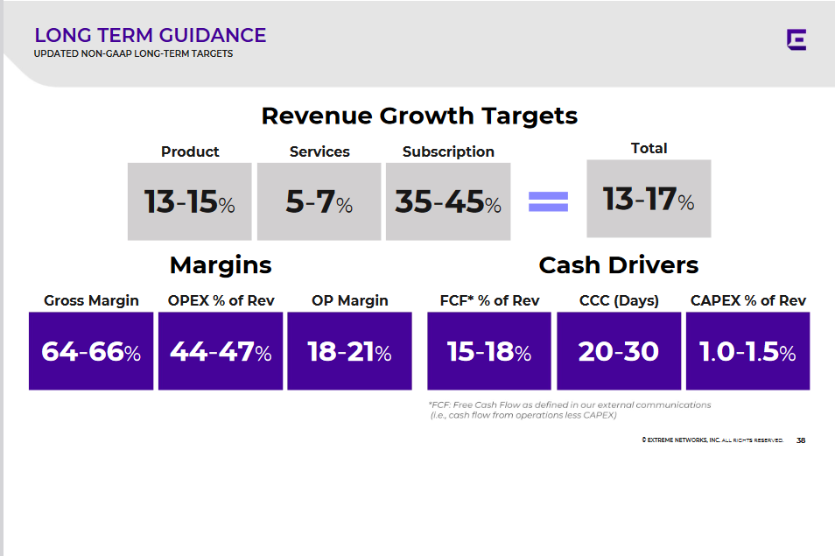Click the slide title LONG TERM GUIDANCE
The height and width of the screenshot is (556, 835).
tap(150, 36)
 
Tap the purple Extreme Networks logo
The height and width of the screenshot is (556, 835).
tap(796, 39)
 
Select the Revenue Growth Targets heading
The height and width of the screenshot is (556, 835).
tap(419, 116)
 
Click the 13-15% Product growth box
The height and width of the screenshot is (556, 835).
tap(189, 201)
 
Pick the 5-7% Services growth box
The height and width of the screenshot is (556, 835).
tap(319, 201)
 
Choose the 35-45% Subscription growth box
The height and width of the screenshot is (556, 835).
tap(448, 201)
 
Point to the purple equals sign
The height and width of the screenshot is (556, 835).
tap(548, 202)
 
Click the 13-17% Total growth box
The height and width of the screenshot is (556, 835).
tap(649, 199)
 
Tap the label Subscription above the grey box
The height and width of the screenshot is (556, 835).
tap(448, 151)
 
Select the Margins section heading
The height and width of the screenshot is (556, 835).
tap(221, 264)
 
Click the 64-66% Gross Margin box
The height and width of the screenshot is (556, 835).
tap(91, 351)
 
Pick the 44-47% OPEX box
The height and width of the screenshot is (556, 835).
tap(221, 351)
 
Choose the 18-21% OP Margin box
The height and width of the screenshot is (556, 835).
tap(349, 351)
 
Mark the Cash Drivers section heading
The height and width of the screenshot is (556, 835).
tap(618, 264)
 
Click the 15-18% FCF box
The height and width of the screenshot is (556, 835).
tap(489, 351)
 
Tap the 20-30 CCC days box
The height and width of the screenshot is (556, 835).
tap(619, 351)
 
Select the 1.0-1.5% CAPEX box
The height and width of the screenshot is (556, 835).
tap(747, 351)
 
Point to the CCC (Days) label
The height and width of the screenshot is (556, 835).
tap(619, 300)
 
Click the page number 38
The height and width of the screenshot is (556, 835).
tap(801, 440)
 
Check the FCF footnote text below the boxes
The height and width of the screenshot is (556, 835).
tap(569, 410)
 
